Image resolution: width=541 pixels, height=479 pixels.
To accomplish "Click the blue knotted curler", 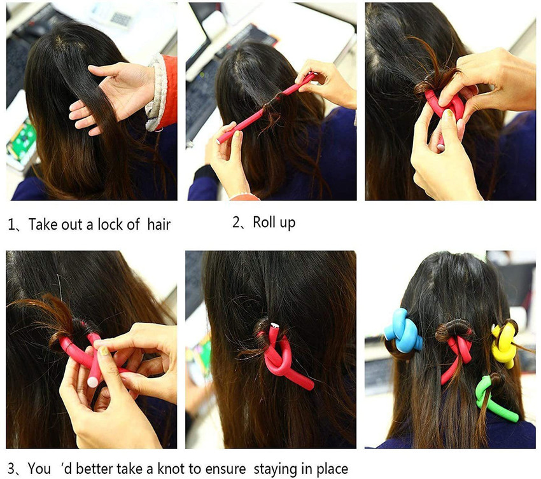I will pyautogui.click(x=403, y=331).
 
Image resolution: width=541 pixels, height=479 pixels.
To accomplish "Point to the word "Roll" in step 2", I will pyautogui.click(x=265, y=222).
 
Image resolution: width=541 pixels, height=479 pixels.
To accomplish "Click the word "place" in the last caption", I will pyautogui.click(x=331, y=469).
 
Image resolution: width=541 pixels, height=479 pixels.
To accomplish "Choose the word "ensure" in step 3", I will pyautogui.click(x=225, y=469).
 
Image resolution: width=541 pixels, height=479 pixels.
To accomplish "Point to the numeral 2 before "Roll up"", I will pyautogui.click(x=238, y=223).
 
